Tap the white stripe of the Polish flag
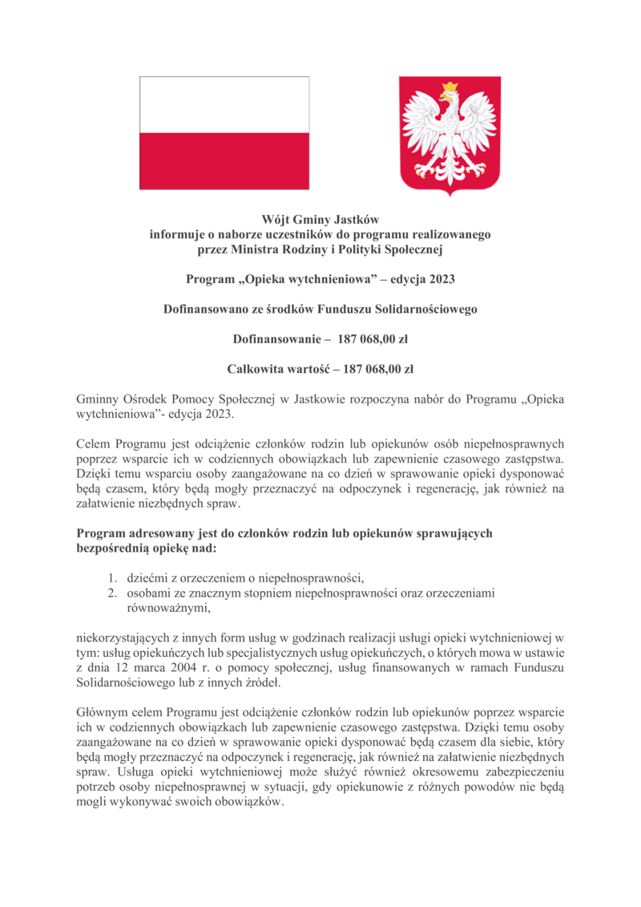[224, 105]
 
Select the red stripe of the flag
[224, 161]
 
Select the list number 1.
[113, 578]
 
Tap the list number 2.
[113, 593]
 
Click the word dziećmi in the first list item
[147, 578]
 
